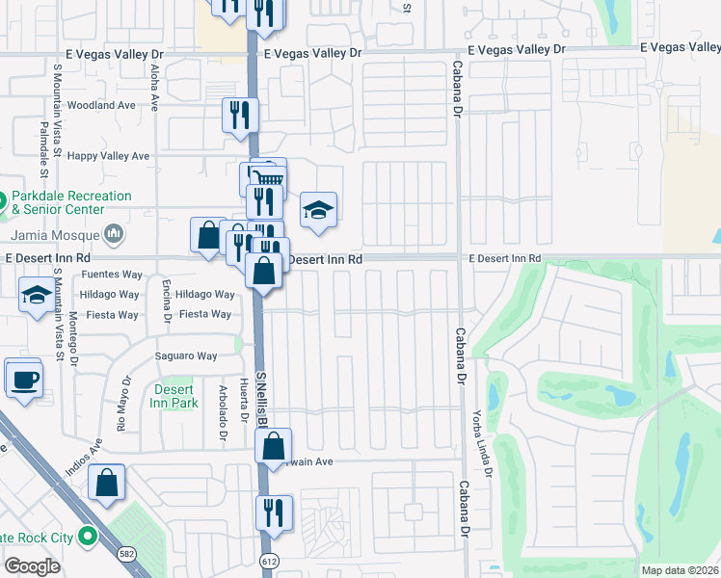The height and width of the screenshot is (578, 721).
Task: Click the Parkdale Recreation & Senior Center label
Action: pyautogui.click(x=71, y=202)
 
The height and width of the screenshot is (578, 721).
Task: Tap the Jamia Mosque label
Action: pyautogui.click(x=57, y=234)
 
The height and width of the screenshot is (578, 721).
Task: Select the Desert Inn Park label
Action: pyautogui.click(x=174, y=396)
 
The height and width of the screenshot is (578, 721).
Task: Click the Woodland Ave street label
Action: pyautogui.click(x=101, y=105)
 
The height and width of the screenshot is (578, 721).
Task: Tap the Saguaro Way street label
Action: pyautogui.click(x=186, y=356)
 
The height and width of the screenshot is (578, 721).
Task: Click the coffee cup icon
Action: pyautogui.click(x=24, y=378)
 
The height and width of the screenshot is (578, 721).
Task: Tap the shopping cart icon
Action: pyautogui.click(x=269, y=177)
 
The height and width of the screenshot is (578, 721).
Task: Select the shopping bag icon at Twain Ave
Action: pyautogui.click(x=274, y=446)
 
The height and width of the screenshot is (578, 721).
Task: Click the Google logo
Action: pyautogui.click(x=33, y=565)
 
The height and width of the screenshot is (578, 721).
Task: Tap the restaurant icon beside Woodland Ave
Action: pyautogui.click(x=241, y=115)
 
